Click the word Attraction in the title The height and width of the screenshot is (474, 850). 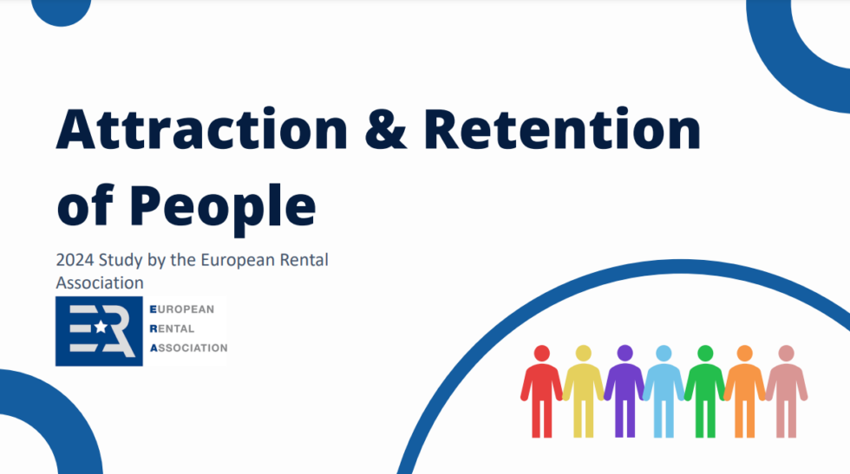[201, 129]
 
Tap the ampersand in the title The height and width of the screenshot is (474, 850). [385, 129]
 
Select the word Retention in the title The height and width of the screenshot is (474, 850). [563, 129]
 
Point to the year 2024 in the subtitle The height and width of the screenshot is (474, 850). [75, 260]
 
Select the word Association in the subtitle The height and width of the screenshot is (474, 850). [100, 282]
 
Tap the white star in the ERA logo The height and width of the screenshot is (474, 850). [101, 327]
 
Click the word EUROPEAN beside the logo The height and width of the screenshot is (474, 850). [182, 309]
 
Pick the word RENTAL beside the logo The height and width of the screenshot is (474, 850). [172, 328]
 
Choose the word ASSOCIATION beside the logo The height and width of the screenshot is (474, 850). [189, 347]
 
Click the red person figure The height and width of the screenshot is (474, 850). [541, 391]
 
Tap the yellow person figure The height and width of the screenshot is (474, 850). [583, 391]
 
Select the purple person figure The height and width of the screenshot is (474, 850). [624, 391]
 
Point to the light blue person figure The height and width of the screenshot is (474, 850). [664, 391]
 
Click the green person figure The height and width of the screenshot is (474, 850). [704, 391]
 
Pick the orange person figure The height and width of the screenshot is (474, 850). [745, 391]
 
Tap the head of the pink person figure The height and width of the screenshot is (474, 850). [786, 354]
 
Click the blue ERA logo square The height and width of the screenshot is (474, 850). [99, 331]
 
